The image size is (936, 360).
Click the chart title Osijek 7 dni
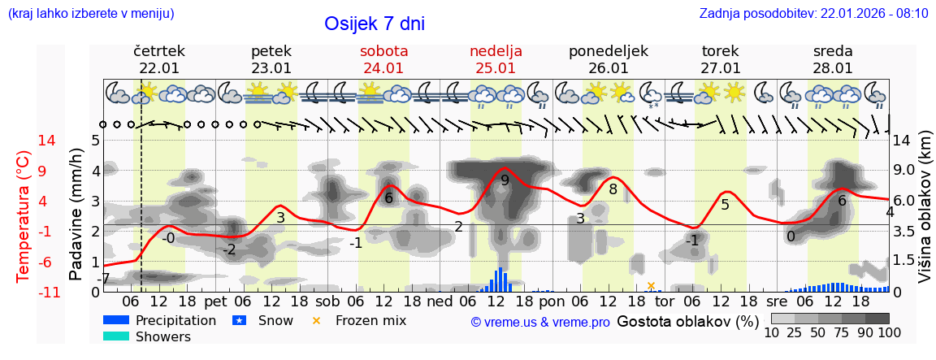tap(374, 24)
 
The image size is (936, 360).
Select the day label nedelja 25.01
tap(496, 59)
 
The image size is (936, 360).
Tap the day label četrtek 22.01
tap(159, 59)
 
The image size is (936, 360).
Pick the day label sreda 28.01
tap(833, 59)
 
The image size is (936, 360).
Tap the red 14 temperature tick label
tap(24, 141)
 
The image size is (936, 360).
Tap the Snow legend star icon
tap(240, 320)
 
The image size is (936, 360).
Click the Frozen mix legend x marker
tap(317, 320)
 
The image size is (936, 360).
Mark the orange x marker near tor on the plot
tap(651, 285)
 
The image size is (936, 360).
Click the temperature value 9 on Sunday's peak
tap(505, 180)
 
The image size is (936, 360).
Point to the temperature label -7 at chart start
tap(103, 280)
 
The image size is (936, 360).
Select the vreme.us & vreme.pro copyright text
tap(540, 322)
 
